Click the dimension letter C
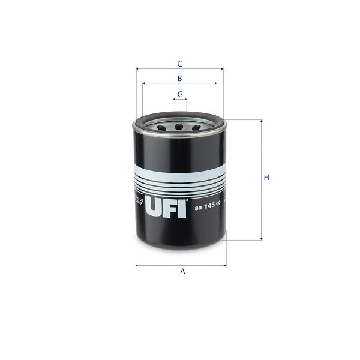[179, 63]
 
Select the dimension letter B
[179, 78]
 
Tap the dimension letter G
[179, 94]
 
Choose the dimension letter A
[182, 272]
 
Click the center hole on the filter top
[179, 127]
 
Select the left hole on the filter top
[161, 127]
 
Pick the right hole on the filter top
[196, 127]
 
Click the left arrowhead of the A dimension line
[137, 265]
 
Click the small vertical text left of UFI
[139, 201]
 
